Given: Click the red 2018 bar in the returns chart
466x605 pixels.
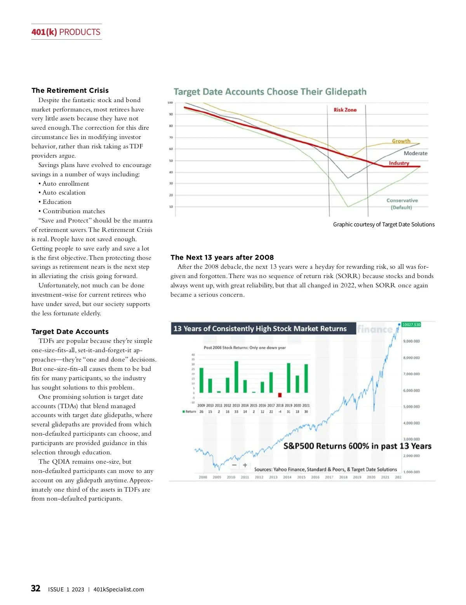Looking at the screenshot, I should pyautogui.click(x=280, y=395).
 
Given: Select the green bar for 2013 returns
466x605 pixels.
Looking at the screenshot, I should pyautogui.click(x=236, y=377).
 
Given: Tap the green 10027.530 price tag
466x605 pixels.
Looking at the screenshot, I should pyautogui.click(x=411, y=325).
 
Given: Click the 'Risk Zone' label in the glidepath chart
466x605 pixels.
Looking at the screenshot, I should pyautogui.click(x=345, y=110).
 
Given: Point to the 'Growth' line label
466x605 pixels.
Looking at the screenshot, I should pyautogui.click(x=401, y=141).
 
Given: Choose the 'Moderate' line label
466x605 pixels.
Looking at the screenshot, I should pyautogui.click(x=415, y=153).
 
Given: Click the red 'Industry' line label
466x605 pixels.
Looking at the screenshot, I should pyautogui.click(x=399, y=163).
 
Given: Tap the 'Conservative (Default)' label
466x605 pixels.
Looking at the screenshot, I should pyautogui.click(x=402, y=204).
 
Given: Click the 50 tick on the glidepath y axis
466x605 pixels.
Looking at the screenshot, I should pyautogui.click(x=171, y=160).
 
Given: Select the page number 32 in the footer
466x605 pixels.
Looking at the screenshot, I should pyautogui.click(x=36, y=588).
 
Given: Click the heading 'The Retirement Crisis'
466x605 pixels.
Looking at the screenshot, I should pyautogui.click(x=70, y=90).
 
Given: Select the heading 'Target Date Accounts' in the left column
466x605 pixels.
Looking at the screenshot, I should pyautogui.click(x=70, y=332).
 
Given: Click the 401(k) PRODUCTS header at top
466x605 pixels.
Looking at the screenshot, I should pyautogui.click(x=66, y=32).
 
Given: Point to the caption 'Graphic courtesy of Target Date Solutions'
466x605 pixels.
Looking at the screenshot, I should pyautogui.click(x=384, y=224).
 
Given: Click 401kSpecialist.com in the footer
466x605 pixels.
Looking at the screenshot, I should pyautogui.click(x=118, y=589).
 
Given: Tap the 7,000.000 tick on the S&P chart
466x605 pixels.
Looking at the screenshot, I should pyautogui.click(x=411, y=374).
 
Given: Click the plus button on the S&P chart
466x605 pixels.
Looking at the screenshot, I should pyautogui.click(x=245, y=465).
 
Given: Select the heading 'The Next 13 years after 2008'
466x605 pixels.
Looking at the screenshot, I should pyautogui.click(x=222, y=257).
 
